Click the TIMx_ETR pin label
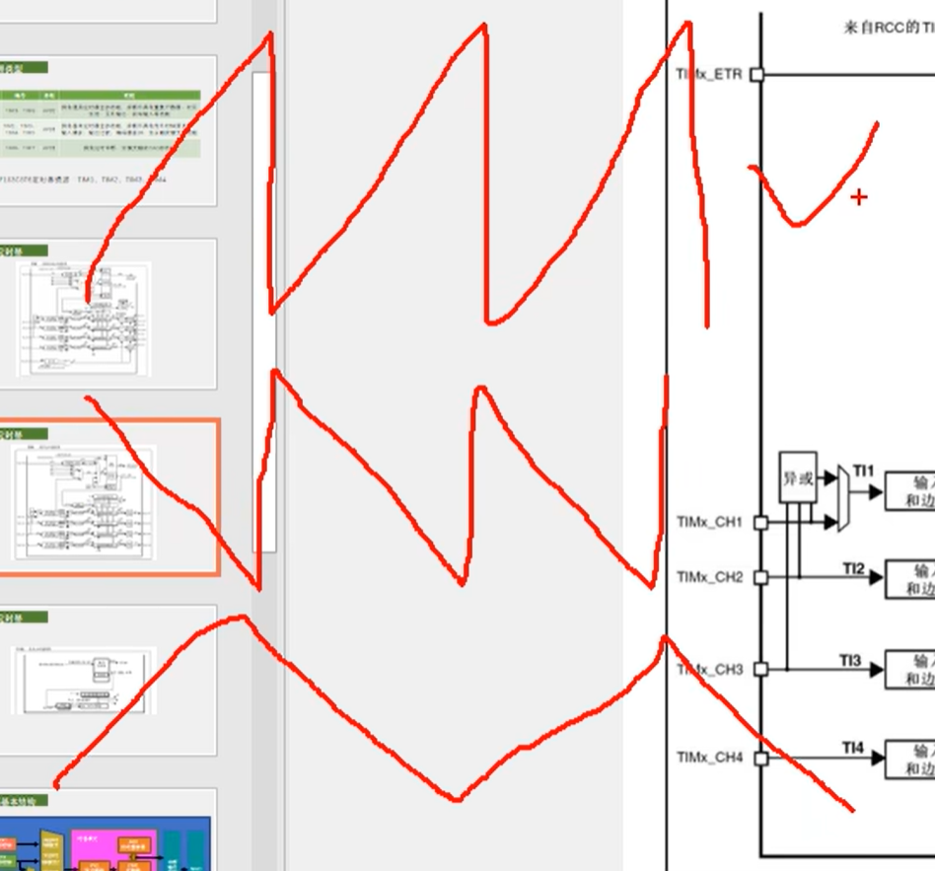pos(708,74)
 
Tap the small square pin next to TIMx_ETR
pos(756,74)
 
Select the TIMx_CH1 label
pos(709,522)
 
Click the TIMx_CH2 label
pos(709,577)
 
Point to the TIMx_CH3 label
pos(709,670)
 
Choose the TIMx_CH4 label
pos(709,758)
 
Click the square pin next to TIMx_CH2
pos(760,577)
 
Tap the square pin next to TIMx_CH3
pos(760,669)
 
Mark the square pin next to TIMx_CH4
pos(760,758)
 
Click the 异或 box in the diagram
pos(798,477)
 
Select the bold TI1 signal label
pos(863,472)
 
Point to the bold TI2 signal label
pos(853,568)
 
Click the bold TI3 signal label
pos(850,660)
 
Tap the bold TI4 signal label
pos(852,750)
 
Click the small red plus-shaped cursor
pos(859,197)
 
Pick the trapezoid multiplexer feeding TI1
pos(843,498)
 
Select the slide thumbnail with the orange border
pos(108,497)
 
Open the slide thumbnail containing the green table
pos(108,131)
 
